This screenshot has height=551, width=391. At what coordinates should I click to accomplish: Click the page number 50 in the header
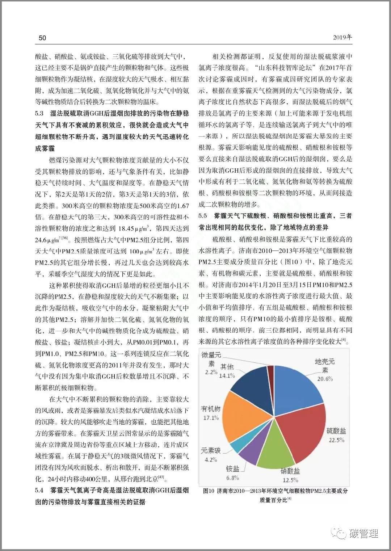pyautogui.click(x=42, y=38)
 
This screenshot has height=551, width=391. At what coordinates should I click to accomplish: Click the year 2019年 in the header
pyautogui.click(x=342, y=37)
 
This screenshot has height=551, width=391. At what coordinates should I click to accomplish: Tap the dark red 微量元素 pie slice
pyautogui.click(x=270, y=373)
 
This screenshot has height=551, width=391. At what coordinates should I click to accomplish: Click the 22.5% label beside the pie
pyautogui.click(x=336, y=440)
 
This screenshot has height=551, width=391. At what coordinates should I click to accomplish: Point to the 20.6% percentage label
pyautogui.click(x=325, y=379)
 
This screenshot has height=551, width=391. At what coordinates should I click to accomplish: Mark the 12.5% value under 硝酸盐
pyautogui.click(x=290, y=480)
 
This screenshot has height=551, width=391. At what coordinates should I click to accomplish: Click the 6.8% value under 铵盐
pyautogui.click(x=232, y=478)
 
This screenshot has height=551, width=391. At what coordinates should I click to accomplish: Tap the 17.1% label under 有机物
pyautogui.click(x=211, y=418)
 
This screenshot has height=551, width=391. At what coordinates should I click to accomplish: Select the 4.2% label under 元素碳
pyautogui.click(x=211, y=459)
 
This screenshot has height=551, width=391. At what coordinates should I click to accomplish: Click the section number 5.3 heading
pyautogui.click(x=39, y=114)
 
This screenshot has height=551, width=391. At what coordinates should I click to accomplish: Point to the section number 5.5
pyautogui.click(x=203, y=216)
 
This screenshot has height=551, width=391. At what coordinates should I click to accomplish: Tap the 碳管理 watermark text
pyautogui.click(x=363, y=533)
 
